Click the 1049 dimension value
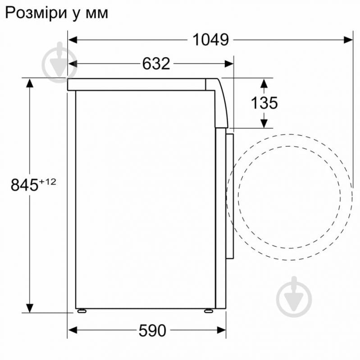coord(210,40)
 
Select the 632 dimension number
coord(156,64)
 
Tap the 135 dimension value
coord(264,103)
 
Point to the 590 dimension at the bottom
coord(152,331)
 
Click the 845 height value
coord(24,185)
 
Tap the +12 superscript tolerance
coord(48,181)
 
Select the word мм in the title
coord(97,14)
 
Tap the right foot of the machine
coord(210,311)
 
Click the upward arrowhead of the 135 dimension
coord(264,83)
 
